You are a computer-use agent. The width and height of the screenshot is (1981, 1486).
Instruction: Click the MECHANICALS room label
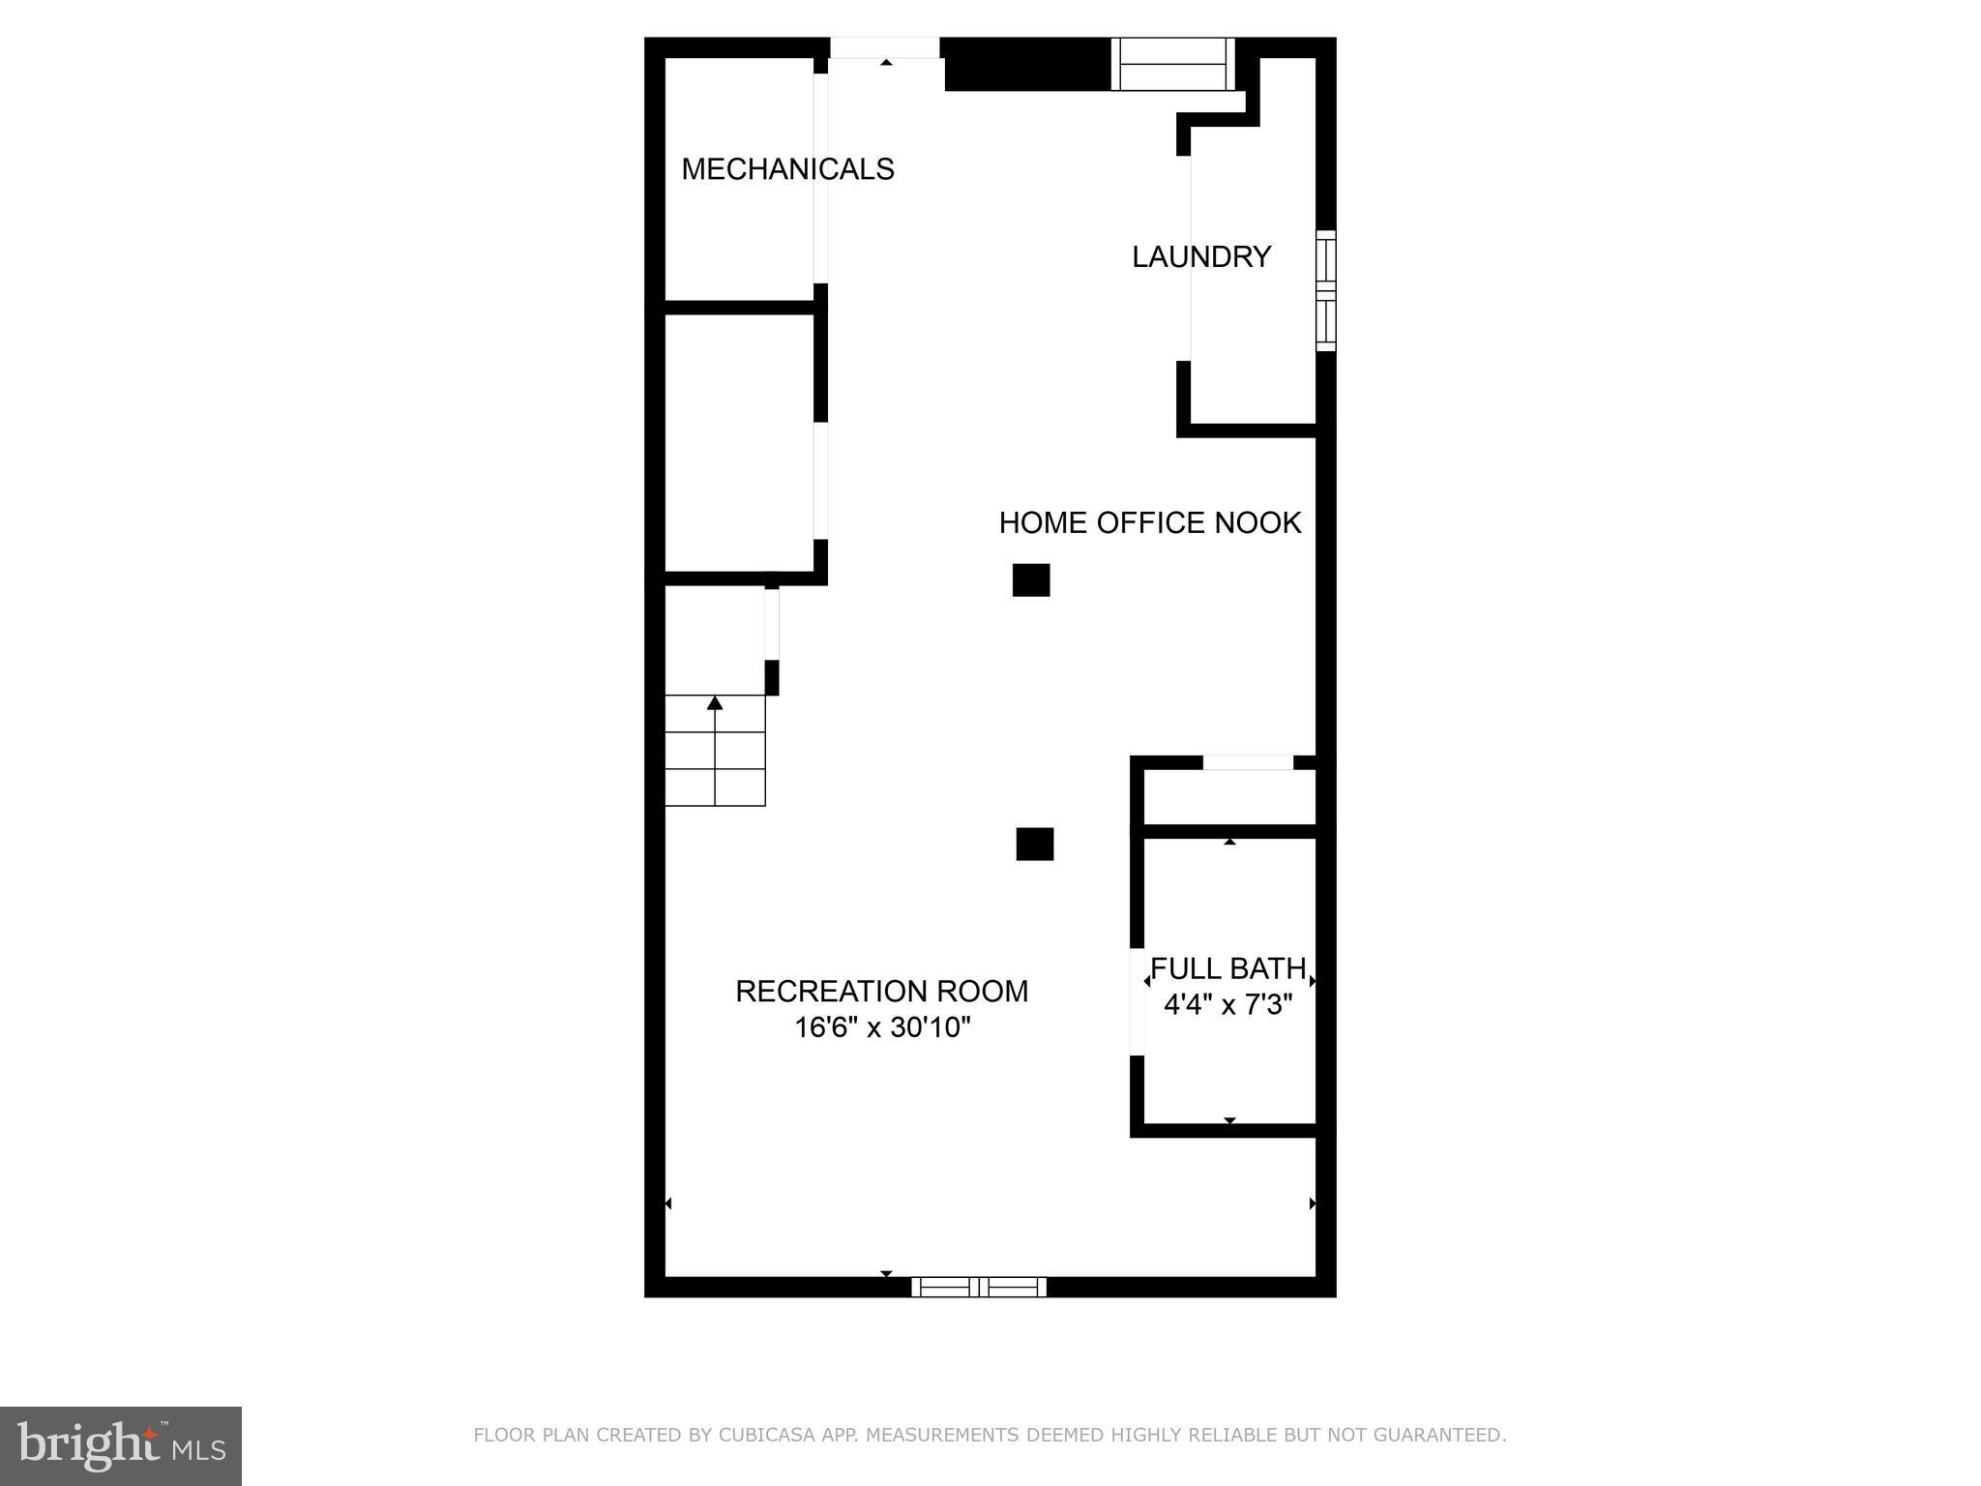point(787,169)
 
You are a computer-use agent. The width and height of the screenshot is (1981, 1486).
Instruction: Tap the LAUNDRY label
point(1201,257)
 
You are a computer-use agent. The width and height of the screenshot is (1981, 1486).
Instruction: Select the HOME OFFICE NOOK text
point(1149,523)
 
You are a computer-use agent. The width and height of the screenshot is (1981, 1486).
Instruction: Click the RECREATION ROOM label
point(881,992)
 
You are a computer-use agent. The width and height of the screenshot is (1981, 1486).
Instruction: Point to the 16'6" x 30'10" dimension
point(881,1027)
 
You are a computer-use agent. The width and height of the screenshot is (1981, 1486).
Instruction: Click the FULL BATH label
point(1227,969)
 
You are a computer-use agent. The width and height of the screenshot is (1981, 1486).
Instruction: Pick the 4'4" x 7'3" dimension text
point(1227,1005)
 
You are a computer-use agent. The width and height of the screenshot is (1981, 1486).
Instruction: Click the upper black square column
point(1030,580)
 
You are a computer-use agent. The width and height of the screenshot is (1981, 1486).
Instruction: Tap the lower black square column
point(1034,844)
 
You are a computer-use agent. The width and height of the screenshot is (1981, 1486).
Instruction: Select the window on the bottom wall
point(979,1287)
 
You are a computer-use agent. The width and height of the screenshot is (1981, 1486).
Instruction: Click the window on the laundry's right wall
point(1325,290)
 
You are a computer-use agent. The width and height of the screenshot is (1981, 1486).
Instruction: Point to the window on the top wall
point(1172,64)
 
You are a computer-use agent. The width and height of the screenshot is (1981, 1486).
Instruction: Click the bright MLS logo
point(121,1446)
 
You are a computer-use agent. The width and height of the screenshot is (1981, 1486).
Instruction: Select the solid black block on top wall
point(1026,65)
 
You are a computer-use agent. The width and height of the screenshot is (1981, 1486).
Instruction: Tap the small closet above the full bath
point(1229,798)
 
